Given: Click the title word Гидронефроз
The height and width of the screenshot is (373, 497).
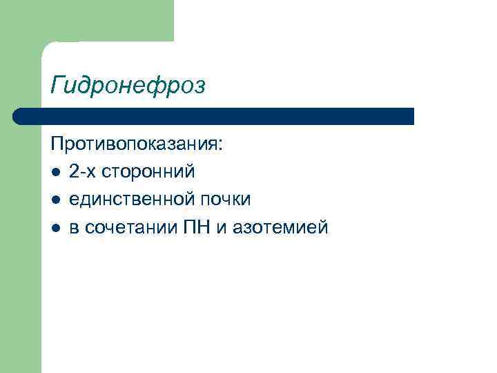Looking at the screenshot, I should coord(128,86).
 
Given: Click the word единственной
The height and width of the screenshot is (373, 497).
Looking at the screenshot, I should coord(132,199).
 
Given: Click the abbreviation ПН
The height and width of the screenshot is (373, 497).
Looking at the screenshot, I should coord(191,227).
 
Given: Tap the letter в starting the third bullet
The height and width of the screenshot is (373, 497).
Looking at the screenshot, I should coord(73,228).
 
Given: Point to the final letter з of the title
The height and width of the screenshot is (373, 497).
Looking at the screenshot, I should coord(199,87).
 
